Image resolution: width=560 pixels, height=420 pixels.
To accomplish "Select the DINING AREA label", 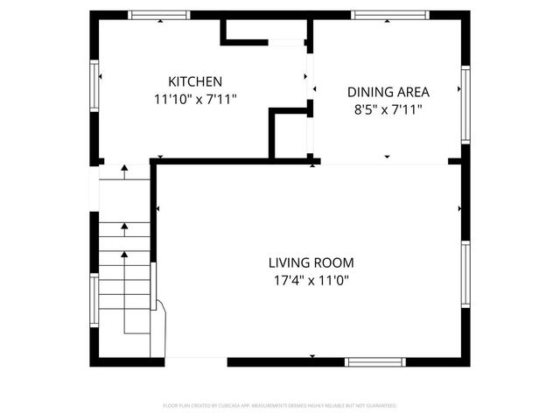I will coord(388,92).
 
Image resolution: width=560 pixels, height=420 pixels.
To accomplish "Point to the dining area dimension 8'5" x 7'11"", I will coord(388,110).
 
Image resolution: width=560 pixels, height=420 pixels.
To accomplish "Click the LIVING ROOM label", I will coord(311,262).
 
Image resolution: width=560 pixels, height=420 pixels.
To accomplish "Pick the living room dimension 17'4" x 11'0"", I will coord(311,281).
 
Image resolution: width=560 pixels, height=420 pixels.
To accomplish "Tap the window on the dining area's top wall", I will coord(389,15).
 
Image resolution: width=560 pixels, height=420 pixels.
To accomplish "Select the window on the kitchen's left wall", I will coord(94,87).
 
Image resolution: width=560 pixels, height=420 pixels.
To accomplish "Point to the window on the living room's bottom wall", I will coord(374,361).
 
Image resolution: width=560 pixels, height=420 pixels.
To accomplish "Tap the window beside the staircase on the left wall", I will coord(94,302).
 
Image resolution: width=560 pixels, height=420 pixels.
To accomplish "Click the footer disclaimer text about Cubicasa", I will coord(280,406).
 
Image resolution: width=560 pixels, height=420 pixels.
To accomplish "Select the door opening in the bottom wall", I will coord(196,361).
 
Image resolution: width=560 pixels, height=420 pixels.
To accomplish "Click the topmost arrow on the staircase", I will coord(124,166).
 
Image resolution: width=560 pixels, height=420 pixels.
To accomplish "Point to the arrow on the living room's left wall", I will coord(157,208).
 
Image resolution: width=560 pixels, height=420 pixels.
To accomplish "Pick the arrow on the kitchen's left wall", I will coord(101,76).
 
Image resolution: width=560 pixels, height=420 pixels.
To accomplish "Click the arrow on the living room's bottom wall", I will coord(312,356).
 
